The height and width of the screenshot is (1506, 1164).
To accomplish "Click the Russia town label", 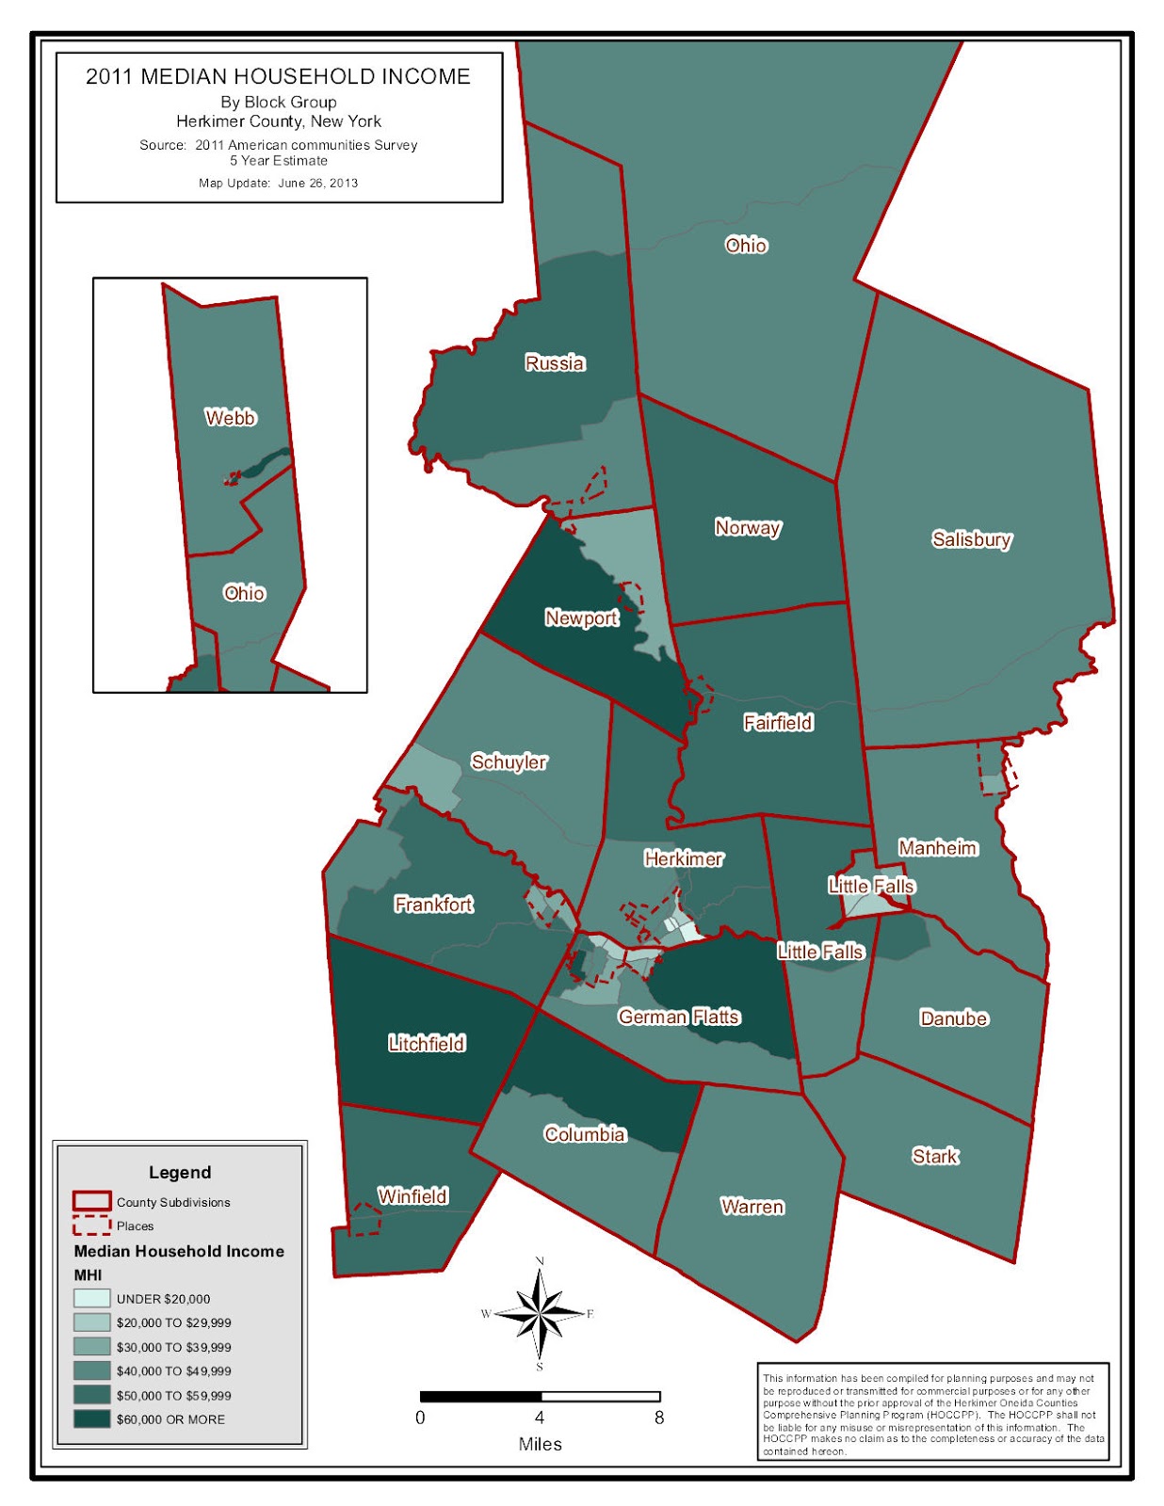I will (555, 363).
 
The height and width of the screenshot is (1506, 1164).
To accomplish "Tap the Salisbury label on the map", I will (971, 539).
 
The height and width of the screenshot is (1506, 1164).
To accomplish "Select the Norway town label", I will (748, 527).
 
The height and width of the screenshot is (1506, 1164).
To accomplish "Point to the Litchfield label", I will (427, 1043).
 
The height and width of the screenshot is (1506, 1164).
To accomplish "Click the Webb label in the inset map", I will (231, 417).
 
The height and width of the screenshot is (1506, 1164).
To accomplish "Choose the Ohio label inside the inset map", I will (244, 593).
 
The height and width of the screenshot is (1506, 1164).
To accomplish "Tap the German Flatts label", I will (678, 1017).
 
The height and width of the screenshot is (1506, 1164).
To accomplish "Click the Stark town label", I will (934, 1156).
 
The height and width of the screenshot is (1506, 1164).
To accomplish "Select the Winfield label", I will (412, 1195).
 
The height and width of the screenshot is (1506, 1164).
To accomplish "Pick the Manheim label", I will (937, 847).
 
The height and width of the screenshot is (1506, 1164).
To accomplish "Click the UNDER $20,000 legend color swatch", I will (92, 1298).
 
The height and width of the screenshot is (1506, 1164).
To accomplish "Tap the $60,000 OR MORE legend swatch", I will (92, 1418).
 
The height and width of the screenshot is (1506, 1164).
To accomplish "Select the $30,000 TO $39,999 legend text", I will (173, 1347).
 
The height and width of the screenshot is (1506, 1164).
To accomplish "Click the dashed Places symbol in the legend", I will (92, 1226).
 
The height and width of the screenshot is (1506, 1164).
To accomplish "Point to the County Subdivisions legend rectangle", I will (92, 1201).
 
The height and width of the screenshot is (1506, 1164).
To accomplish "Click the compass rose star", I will (540, 1313).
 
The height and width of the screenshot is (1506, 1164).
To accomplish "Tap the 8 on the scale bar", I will (659, 1418).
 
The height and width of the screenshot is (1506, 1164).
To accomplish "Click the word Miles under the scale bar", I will (540, 1444).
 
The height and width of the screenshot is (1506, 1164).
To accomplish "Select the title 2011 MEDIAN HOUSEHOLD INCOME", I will (278, 77).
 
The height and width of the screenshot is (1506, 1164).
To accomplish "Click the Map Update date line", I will (278, 183).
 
